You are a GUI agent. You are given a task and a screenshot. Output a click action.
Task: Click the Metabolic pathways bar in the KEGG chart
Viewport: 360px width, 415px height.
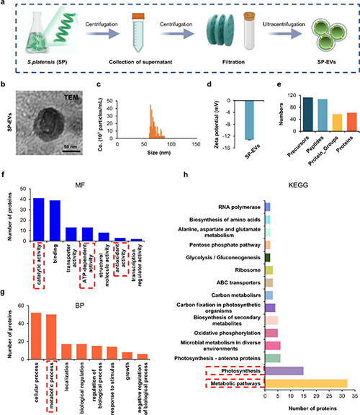click(x=306, y=383)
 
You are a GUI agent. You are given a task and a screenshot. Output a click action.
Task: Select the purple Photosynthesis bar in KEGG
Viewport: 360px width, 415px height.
click(x=284, y=371)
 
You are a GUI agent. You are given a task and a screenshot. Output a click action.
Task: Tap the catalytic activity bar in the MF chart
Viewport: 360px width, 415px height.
click(x=39, y=220)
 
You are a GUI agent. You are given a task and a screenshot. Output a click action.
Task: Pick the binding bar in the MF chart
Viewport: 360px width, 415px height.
click(x=55, y=220)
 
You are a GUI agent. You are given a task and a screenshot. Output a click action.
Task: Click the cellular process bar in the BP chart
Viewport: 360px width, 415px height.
click(x=36, y=336)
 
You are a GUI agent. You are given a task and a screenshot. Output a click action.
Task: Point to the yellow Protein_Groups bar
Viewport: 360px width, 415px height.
click(x=337, y=122)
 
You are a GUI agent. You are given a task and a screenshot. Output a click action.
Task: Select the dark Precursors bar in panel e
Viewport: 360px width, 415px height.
click(x=308, y=115)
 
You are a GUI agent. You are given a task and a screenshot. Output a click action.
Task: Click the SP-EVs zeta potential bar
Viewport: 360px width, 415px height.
click(x=249, y=120)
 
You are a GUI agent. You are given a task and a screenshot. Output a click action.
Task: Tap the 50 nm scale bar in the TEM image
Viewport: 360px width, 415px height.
click(x=71, y=151)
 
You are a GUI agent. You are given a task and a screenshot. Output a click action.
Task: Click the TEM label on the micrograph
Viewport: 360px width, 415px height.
click(x=71, y=97)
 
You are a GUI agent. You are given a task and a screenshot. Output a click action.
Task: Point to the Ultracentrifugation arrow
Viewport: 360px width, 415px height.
click(x=284, y=34)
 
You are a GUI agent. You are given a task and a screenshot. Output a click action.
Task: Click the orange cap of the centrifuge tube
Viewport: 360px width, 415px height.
click(x=138, y=16)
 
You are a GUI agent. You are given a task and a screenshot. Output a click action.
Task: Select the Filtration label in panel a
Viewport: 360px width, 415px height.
click(x=233, y=62)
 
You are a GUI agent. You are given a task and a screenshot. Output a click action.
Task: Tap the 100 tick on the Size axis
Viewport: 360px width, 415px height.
click(x=171, y=144)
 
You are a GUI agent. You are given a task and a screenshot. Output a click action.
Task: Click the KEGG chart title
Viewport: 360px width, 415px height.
click(x=298, y=185)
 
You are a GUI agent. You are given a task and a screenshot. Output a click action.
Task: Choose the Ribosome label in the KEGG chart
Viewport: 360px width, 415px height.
click(x=248, y=270)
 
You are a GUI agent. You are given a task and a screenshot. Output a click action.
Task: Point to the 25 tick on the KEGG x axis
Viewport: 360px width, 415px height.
click(x=329, y=396)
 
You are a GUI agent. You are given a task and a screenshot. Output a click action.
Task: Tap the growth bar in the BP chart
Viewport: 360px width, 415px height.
click(x=127, y=355)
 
